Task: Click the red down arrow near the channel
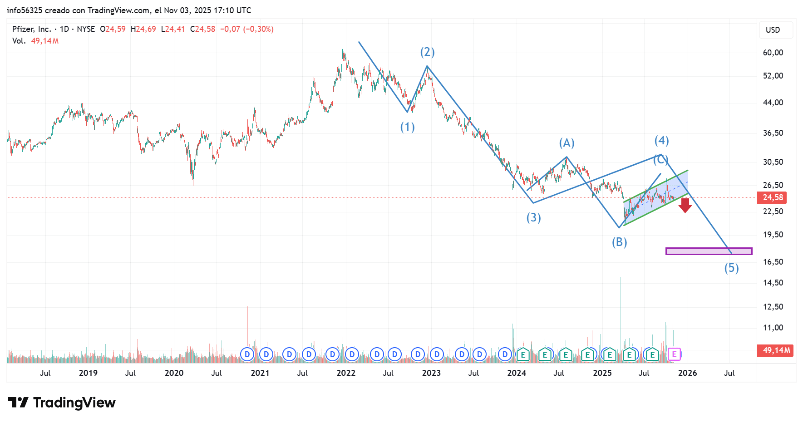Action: coord(685,206)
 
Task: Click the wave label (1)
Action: coord(407,127)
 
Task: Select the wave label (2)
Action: coord(427,52)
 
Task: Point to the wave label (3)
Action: coord(533,218)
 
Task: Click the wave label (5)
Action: coord(731,268)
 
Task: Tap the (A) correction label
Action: coord(567,143)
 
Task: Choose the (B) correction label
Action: coord(619,242)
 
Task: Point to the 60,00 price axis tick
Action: coord(773,53)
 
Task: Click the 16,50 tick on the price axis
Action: coord(773,262)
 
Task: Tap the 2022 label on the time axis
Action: coord(346,373)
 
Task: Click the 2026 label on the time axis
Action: coord(687,373)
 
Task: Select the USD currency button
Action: coord(773,30)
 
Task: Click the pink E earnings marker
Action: coord(674,354)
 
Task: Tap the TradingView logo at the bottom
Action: coord(62,403)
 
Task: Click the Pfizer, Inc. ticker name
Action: coord(31,29)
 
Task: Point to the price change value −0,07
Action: coord(230,29)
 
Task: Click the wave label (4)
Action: coord(661,141)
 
